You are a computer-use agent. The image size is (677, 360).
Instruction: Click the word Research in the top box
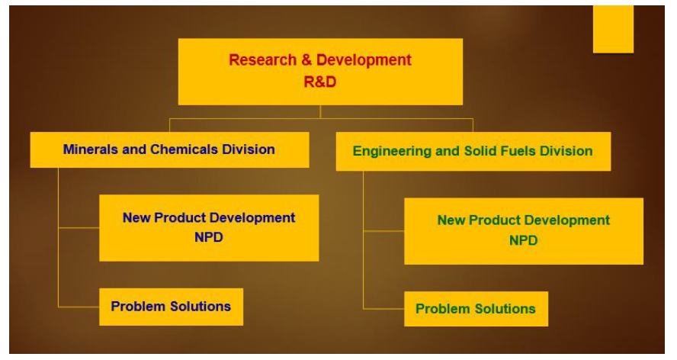(x=262, y=59)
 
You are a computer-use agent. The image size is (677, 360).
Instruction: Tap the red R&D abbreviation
(x=320, y=82)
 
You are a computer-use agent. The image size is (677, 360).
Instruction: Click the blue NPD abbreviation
(x=209, y=237)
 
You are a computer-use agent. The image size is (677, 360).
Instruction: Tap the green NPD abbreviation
(x=523, y=240)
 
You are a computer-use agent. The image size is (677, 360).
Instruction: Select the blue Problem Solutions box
(x=171, y=307)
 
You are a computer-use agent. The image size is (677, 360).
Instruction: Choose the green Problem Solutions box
(x=476, y=309)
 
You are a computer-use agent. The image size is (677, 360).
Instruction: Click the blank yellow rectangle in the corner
(x=613, y=30)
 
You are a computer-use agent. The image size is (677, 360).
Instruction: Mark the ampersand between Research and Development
(x=306, y=59)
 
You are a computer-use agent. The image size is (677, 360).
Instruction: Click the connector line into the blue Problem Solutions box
(x=79, y=307)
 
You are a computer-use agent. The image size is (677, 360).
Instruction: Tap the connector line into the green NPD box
(x=383, y=231)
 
